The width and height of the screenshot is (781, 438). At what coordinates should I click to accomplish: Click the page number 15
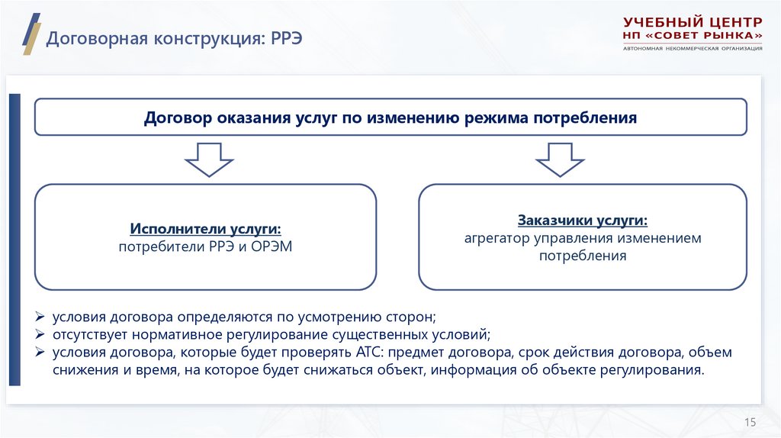pos(749,422)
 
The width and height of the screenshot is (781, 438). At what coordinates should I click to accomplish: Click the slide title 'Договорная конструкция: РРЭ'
pos(175,37)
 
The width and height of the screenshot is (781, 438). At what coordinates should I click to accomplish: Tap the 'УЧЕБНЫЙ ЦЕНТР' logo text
pos(692,22)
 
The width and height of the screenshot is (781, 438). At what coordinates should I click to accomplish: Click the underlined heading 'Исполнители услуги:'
pos(205,229)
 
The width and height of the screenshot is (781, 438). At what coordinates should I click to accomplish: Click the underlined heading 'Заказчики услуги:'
pos(583,221)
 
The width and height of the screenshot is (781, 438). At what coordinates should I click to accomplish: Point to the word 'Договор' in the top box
pos(178,118)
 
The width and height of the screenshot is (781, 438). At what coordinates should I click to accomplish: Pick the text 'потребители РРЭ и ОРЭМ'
pos(205,246)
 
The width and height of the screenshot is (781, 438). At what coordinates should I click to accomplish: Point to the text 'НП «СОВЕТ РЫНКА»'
pos(692,36)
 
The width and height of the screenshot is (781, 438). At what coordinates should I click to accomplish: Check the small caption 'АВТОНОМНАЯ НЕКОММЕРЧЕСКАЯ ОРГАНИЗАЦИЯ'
pos(692,49)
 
